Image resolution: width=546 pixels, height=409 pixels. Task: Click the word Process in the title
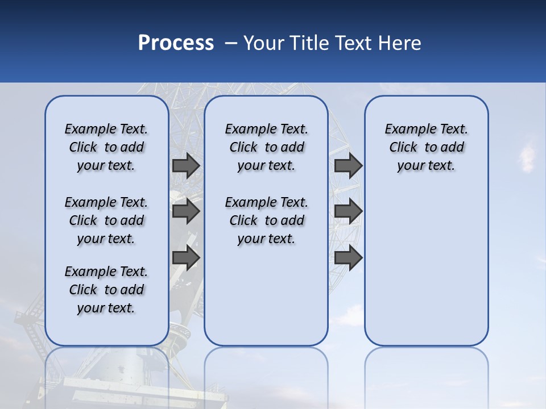176,43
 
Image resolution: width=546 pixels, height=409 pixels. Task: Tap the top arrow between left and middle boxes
185,165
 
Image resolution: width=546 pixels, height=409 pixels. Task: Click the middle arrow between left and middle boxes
185,211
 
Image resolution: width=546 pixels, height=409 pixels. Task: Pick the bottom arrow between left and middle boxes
185,257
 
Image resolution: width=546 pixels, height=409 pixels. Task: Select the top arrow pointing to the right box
348,165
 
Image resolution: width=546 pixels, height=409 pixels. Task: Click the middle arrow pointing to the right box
348,211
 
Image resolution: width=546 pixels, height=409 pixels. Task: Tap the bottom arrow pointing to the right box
348,257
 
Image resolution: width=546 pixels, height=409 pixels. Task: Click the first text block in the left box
106,147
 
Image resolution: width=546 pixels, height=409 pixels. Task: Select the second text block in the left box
106,220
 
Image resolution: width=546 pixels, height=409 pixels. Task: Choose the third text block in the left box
106,290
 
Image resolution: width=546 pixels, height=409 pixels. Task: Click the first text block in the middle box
266,147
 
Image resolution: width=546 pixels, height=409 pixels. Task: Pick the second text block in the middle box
266,220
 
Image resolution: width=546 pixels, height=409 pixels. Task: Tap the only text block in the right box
426,147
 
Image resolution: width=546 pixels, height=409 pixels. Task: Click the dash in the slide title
231,44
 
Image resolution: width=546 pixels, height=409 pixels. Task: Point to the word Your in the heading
264,43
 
